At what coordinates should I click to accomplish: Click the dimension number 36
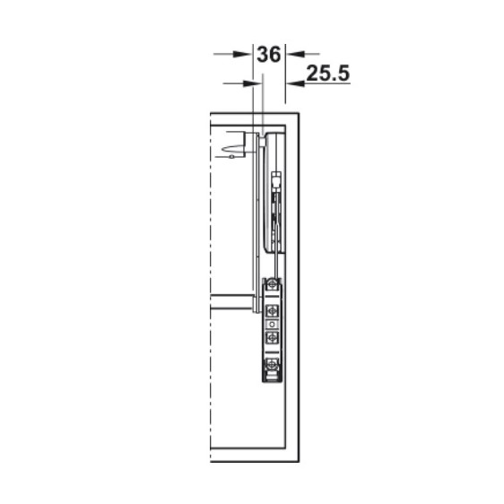tap(269, 55)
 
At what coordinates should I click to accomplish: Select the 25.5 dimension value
tap(328, 74)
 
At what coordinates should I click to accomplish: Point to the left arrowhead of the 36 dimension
tap(242, 54)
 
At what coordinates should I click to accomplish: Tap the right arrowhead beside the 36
tap(296, 54)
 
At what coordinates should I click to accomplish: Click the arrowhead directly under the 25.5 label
tap(296, 83)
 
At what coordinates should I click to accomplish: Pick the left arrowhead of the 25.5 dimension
tap(252, 83)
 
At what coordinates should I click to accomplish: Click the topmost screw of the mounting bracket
tap(273, 284)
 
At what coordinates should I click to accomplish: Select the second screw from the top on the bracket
tap(273, 311)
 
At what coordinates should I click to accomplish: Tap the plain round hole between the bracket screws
tap(273, 324)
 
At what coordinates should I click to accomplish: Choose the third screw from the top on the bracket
tap(273, 337)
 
